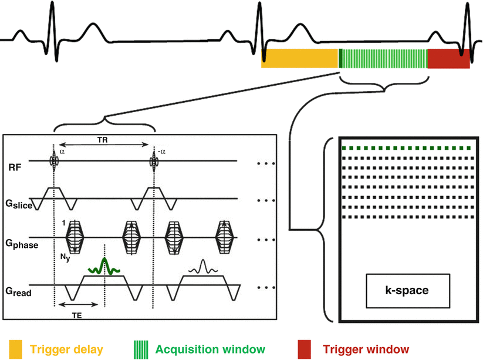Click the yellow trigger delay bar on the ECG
pos(300,59)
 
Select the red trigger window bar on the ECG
pos(448,59)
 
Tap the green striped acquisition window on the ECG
pos(383,59)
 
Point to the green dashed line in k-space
pos(407,148)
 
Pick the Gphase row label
pos(20,243)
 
